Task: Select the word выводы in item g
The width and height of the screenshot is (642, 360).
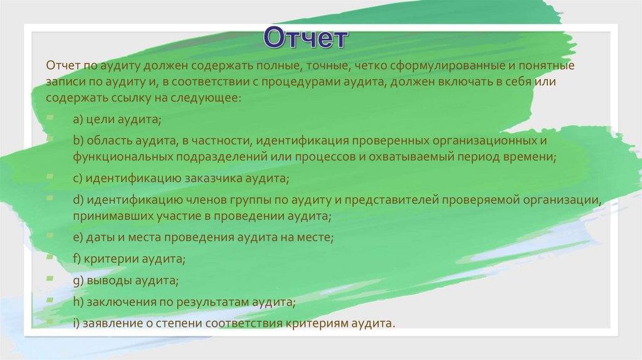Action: [x=107, y=280]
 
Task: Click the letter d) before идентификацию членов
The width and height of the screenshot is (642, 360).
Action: [x=78, y=200]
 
